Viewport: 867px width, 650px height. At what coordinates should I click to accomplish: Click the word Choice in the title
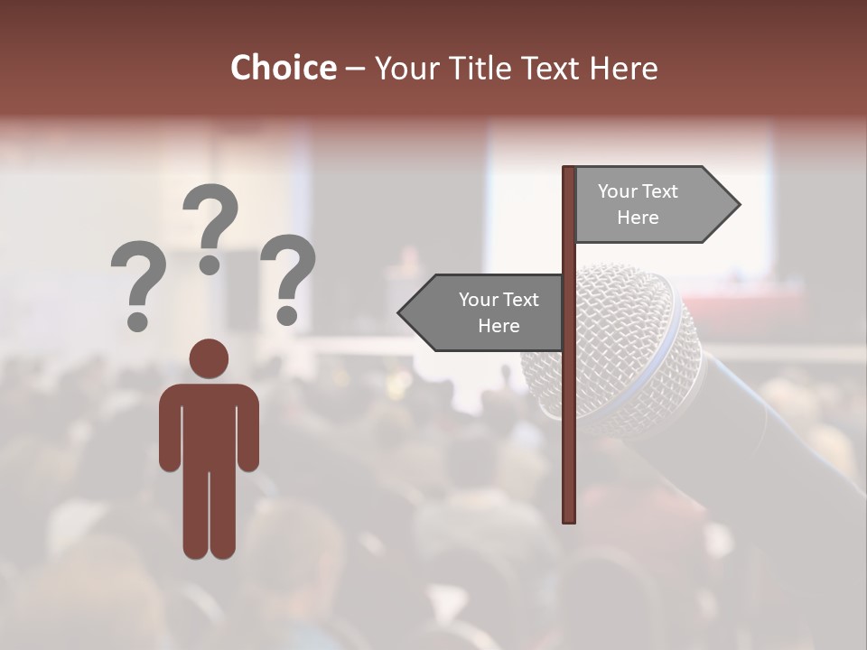pyautogui.click(x=283, y=69)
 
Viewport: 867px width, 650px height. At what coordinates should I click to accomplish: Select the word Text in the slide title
pyautogui.click(x=549, y=69)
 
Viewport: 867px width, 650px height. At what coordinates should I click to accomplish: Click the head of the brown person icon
pyautogui.click(x=209, y=358)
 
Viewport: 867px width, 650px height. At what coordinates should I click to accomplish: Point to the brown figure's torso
pyautogui.click(x=209, y=424)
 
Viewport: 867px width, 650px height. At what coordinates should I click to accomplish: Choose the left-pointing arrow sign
pyautogui.click(x=483, y=312)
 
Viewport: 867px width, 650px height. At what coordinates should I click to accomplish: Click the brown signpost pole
pyautogui.click(x=569, y=406)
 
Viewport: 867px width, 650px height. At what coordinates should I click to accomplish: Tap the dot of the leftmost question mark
pyautogui.click(x=138, y=320)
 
